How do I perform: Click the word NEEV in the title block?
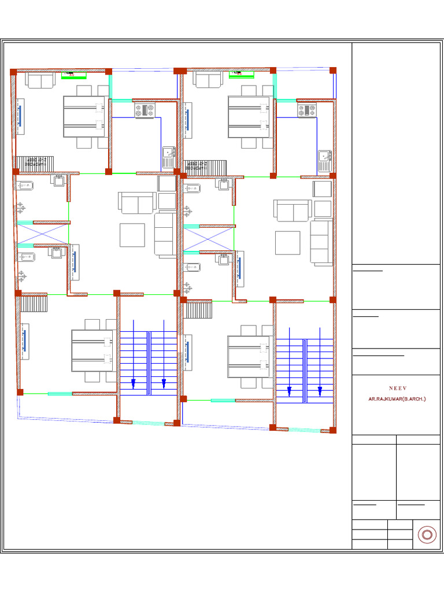point(396,388)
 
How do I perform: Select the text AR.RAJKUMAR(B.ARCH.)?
point(396,399)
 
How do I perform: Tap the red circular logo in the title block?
point(427,535)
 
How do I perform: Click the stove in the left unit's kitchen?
point(145,110)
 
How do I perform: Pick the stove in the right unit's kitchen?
point(307,110)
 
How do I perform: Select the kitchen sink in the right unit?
point(324,156)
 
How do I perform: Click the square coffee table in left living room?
point(132,235)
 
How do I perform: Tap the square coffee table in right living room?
point(287,243)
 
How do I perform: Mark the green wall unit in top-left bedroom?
point(74,74)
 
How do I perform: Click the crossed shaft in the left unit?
point(42,234)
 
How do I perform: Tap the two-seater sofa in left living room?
point(137,203)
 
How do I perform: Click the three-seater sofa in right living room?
point(321,242)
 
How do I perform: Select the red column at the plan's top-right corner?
point(333,71)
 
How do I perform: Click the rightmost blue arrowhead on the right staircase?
point(320,398)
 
